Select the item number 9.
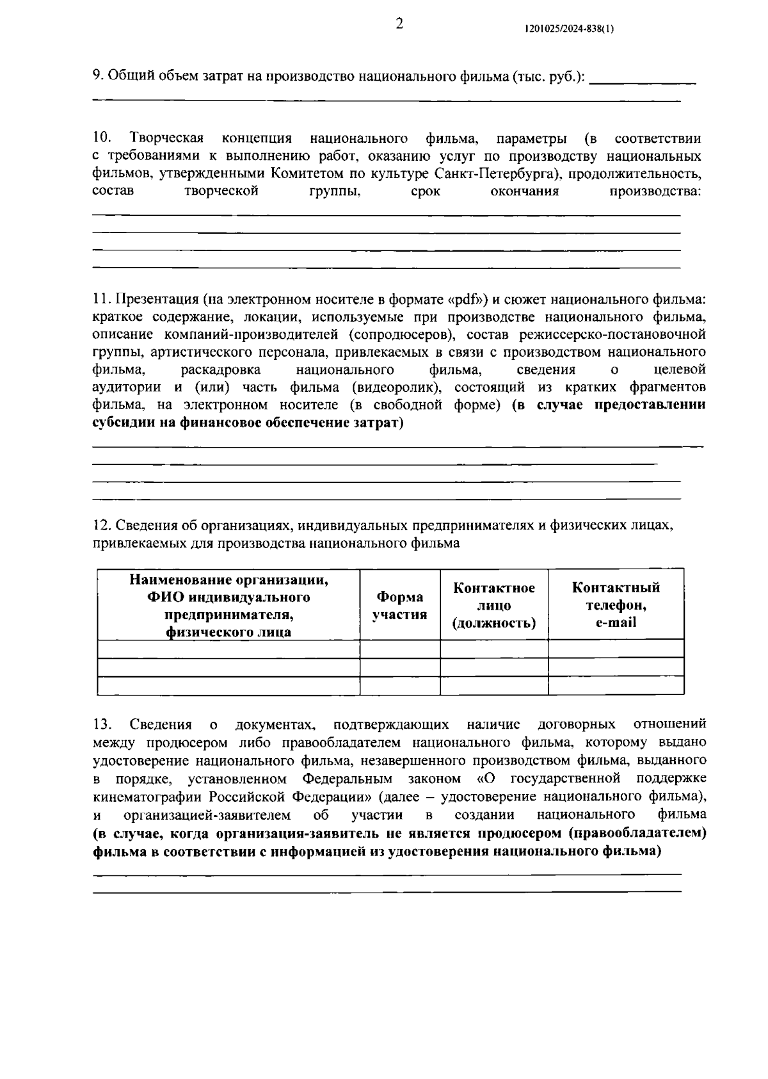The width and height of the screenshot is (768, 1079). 97,75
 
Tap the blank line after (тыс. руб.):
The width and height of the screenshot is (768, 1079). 642,79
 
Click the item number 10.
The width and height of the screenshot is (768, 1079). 101,138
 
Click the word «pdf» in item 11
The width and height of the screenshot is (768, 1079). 470,299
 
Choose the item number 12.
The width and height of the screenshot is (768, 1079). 101,525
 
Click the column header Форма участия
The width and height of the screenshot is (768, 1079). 399,605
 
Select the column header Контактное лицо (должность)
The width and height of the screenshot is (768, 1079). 493,605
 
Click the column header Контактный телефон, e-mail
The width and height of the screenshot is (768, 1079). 616,604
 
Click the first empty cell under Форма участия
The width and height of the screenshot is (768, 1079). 399,649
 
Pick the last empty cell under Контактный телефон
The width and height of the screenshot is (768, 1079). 616,685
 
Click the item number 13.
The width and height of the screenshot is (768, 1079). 101,724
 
